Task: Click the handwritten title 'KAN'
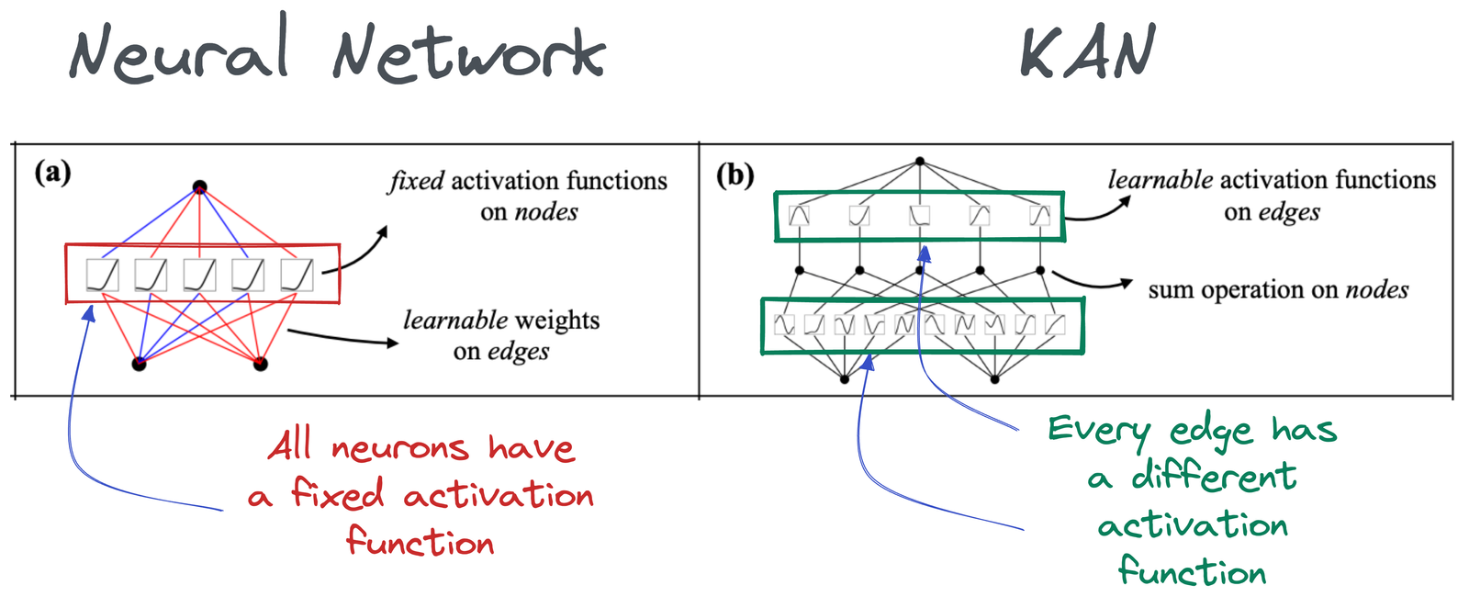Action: (1087, 53)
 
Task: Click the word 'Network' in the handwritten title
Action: (468, 53)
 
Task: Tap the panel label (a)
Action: (52, 172)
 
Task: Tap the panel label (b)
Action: (734, 174)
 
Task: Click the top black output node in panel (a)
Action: (199, 187)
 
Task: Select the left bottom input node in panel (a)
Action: (140, 364)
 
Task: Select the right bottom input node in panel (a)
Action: (261, 364)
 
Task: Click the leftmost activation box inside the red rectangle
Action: (102, 275)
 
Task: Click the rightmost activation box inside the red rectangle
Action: (297, 275)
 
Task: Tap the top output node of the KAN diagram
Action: (919, 162)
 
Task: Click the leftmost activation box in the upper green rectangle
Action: (800, 216)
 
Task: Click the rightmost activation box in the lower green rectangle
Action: (1055, 324)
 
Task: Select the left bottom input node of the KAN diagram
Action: (845, 378)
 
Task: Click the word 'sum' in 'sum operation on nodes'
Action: (1171, 290)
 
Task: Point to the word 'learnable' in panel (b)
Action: (1160, 180)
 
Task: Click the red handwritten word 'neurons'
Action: (400, 449)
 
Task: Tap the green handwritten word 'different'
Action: (1213, 477)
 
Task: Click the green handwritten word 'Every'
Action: (1099, 430)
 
